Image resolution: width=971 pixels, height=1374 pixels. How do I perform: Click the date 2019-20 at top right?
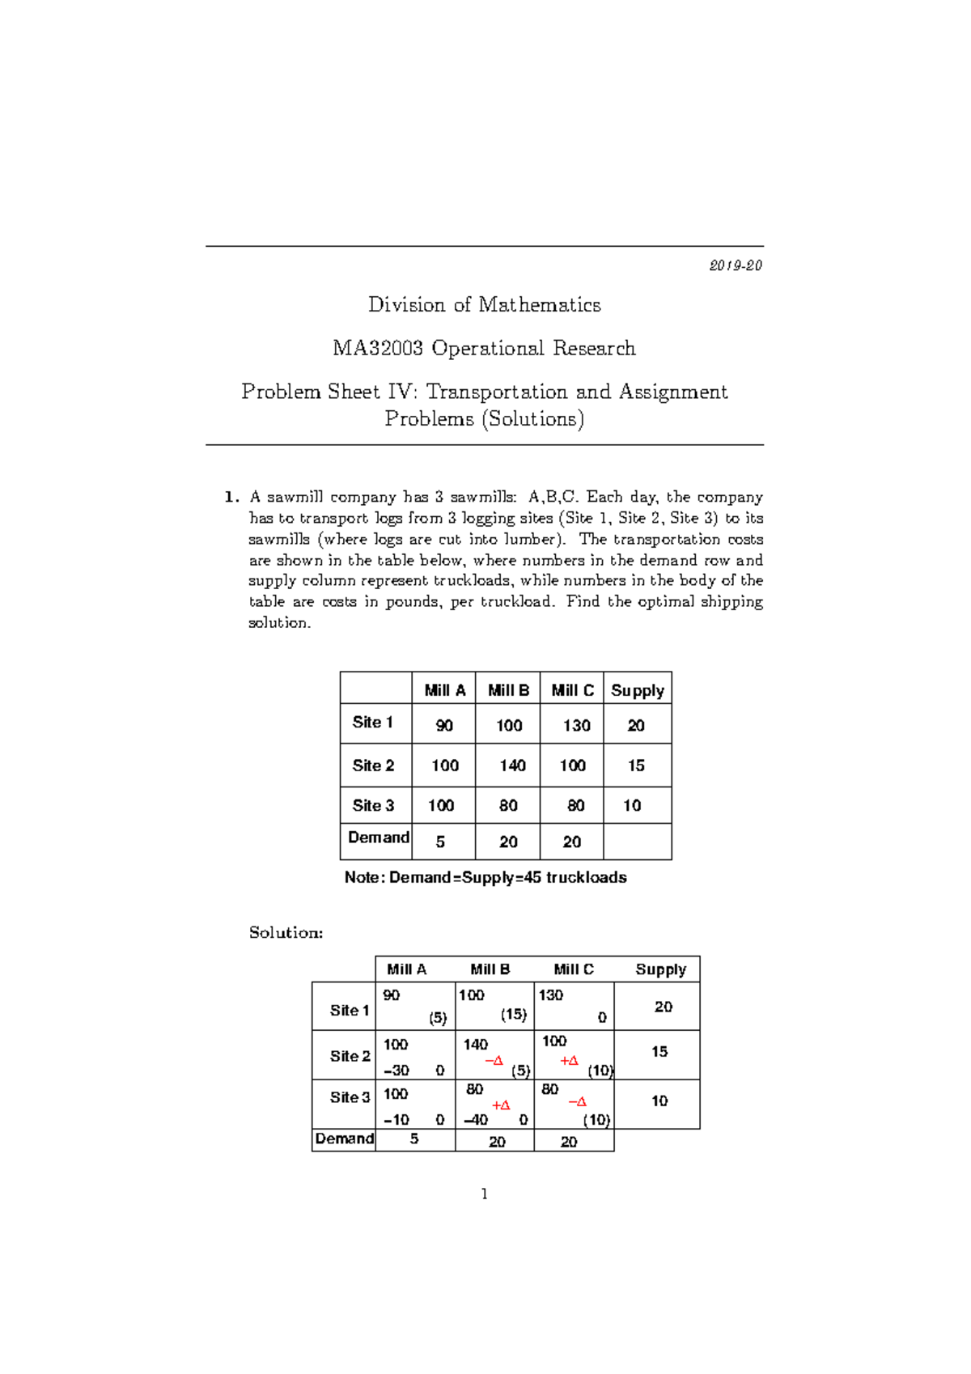(736, 265)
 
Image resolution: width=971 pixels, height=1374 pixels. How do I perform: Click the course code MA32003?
(377, 348)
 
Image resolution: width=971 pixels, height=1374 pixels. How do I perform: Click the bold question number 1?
(231, 497)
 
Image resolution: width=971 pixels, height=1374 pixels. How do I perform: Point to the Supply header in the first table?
(637, 690)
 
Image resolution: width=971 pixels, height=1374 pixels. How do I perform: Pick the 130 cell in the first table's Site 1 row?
(576, 725)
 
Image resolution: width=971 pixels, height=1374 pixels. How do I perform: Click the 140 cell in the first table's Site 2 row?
(512, 765)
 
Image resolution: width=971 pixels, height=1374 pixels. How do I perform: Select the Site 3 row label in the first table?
(373, 805)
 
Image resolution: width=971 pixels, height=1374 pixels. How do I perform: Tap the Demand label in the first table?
(378, 837)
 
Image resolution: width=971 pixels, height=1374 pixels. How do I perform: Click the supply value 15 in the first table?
(636, 765)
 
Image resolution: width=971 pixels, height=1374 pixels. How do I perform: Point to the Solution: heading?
(286, 932)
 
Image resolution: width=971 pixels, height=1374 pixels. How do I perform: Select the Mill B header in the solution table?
(490, 969)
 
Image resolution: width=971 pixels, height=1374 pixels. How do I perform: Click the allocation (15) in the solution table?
(513, 1014)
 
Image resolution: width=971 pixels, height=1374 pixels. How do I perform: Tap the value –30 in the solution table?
(396, 1070)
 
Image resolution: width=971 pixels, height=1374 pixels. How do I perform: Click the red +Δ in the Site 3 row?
(501, 1105)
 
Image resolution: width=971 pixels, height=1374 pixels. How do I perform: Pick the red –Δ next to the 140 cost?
(494, 1060)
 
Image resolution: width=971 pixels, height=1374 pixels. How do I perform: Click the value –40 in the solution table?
(475, 1120)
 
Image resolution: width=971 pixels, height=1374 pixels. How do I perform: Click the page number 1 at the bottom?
(484, 1194)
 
